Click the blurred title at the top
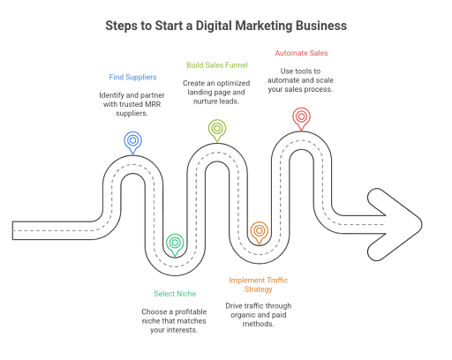(x=226, y=26)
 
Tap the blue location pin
(x=132, y=139)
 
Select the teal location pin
(x=175, y=243)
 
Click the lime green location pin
(x=216, y=129)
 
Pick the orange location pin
(x=259, y=231)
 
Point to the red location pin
(x=300, y=116)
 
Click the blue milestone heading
(x=133, y=78)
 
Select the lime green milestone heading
(x=218, y=64)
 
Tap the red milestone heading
(x=300, y=53)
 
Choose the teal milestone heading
(x=174, y=293)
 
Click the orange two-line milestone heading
(x=258, y=284)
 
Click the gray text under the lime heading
(x=217, y=89)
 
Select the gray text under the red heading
(x=300, y=79)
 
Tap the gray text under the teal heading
(x=175, y=319)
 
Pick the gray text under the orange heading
(x=258, y=311)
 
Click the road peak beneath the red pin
(x=300, y=141)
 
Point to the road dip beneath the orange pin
(x=259, y=255)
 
